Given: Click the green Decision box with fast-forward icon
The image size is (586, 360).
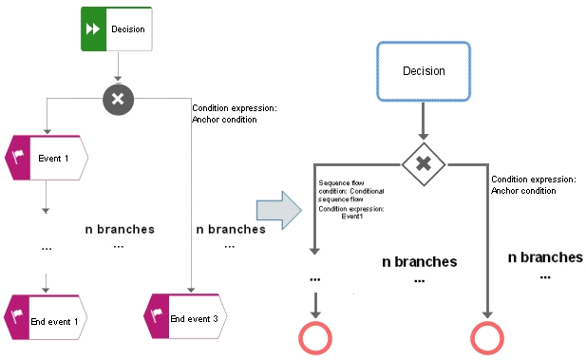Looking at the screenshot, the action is pyautogui.click(x=117, y=28).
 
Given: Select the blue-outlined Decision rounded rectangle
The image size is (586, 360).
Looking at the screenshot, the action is pyautogui.click(x=423, y=71).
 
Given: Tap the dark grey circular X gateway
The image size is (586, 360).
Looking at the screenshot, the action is pyautogui.click(x=118, y=99).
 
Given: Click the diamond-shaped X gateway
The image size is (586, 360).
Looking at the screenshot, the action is pyautogui.click(x=424, y=164).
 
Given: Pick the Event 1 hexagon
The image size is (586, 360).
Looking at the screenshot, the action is pyautogui.click(x=47, y=158).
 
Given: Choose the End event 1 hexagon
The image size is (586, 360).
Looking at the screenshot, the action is pyautogui.click(x=46, y=317).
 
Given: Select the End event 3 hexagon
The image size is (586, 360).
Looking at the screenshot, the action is pyautogui.click(x=185, y=316).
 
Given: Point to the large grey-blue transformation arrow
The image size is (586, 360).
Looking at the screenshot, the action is pyautogui.click(x=279, y=210).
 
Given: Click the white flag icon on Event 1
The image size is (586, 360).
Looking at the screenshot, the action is pyautogui.click(x=17, y=157).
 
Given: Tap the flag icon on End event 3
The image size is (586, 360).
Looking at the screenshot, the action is pyautogui.click(x=157, y=314).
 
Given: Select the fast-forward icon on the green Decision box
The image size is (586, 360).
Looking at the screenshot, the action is pyautogui.click(x=93, y=28).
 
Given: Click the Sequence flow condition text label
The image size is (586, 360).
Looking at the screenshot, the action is pyautogui.click(x=350, y=191).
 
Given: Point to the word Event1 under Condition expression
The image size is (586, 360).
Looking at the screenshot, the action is pyautogui.click(x=352, y=216).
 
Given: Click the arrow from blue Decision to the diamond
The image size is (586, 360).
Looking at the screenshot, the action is pyautogui.click(x=423, y=121).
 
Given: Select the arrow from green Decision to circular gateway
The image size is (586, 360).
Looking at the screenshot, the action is pyautogui.click(x=118, y=66).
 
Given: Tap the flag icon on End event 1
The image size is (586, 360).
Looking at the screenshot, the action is pyautogui.click(x=17, y=315).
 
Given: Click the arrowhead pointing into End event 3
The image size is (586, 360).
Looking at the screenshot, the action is pyautogui.click(x=191, y=290).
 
